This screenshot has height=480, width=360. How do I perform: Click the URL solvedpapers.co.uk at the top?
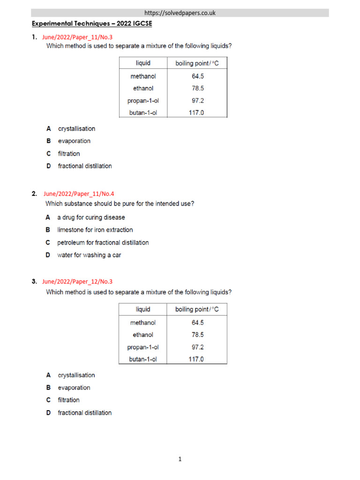pyautogui.click(x=180, y=13)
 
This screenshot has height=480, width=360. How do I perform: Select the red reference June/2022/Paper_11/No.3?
pyautogui.click(x=77, y=37)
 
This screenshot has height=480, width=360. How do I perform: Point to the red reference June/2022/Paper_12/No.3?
pyautogui.click(x=77, y=282)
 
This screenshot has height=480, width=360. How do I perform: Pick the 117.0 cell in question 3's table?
pyautogui.click(x=196, y=360)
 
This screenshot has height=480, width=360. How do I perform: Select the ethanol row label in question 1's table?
pyautogui.click(x=143, y=88)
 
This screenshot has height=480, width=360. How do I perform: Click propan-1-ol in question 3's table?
pyautogui.click(x=143, y=347)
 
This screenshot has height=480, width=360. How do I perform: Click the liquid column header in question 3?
pyautogui.click(x=143, y=309)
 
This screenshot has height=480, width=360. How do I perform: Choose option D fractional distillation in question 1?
pyautogui.click(x=84, y=166)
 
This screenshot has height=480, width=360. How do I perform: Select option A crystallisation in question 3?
pyautogui.click(x=76, y=375)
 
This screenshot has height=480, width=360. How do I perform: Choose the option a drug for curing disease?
pyautogui.click(x=91, y=217)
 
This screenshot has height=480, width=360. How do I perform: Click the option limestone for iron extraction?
pyautogui.click(x=95, y=230)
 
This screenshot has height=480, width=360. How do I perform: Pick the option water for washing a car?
pyautogui.click(x=89, y=255)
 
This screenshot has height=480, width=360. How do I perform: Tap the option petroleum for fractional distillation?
pyautogui.click(x=103, y=242)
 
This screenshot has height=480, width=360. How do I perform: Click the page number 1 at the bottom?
pyautogui.click(x=180, y=459)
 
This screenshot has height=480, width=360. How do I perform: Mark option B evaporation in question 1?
pyautogui.click(x=74, y=141)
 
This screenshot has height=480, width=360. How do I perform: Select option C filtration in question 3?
pyautogui.click(x=68, y=400)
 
